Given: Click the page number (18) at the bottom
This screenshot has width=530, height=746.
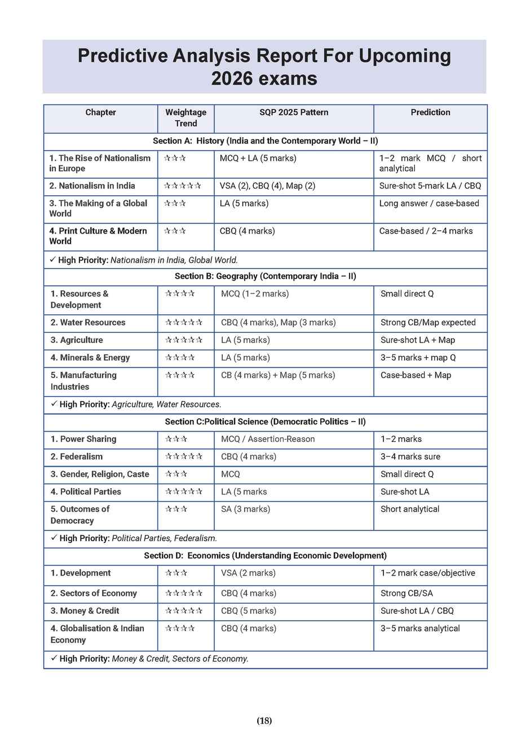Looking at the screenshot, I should tap(264, 721).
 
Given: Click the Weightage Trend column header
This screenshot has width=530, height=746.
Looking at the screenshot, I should tap(185, 118).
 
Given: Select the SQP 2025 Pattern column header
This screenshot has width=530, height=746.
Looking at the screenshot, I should tap(294, 112).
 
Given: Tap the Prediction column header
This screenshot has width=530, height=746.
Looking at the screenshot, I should tap(430, 112).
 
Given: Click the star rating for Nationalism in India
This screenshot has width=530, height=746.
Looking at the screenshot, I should tap(182, 186).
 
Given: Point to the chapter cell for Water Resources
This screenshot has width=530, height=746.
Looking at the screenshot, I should tap(88, 323).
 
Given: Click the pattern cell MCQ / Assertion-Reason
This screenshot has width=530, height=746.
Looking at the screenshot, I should tap(268, 439).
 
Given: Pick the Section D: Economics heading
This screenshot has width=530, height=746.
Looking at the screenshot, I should tap(265, 556).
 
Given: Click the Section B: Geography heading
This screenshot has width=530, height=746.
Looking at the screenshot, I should tap(265, 277).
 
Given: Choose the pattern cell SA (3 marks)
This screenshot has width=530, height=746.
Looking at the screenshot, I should tap(245, 509).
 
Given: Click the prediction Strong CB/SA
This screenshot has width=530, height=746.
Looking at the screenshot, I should tap(407, 594).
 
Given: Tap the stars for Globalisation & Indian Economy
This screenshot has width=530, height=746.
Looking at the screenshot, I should tap(180, 629).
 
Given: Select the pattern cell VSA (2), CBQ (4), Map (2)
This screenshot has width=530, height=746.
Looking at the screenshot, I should tap(267, 186).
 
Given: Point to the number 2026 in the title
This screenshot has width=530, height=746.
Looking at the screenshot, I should tap(231, 78).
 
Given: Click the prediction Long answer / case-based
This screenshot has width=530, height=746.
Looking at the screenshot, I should tap(429, 204).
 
